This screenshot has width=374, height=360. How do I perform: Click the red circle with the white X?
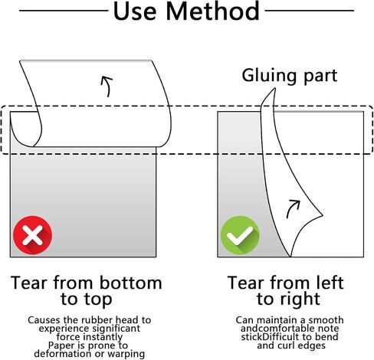[x=32, y=235]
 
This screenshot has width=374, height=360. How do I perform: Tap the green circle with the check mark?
[x=240, y=235]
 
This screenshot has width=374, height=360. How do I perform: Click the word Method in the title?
[x=213, y=11]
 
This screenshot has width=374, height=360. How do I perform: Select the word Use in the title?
[x=134, y=11]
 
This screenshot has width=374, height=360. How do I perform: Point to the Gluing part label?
[x=290, y=76]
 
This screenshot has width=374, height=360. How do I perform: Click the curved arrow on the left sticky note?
[x=108, y=86]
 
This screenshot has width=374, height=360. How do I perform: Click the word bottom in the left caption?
[x=130, y=283]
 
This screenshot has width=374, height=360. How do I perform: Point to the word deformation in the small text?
[x=63, y=354]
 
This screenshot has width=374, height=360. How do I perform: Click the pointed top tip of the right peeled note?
[x=275, y=88]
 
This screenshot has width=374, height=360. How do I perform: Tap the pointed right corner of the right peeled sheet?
[x=323, y=215]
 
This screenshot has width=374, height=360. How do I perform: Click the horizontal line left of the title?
[x=64, y=11]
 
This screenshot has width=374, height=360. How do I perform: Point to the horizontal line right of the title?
[x=310, y=11]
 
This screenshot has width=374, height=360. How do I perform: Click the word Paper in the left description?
[x=59, y=345]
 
